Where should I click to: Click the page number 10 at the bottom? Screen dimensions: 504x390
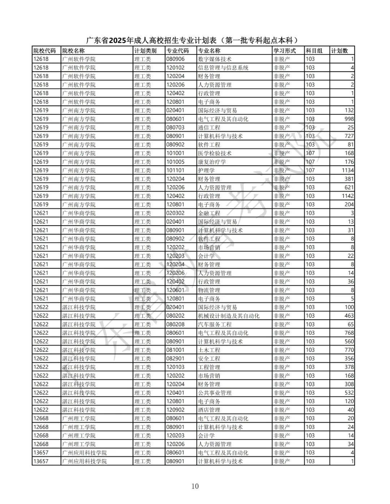pos(195,486)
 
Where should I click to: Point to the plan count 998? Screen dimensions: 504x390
pos(349,119)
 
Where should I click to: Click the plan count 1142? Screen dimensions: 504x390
pos(347,196)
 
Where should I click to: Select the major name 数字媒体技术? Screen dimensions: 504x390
pos(215,59)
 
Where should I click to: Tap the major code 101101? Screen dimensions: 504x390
pos(175,170)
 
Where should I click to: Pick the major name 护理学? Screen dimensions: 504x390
pos(206,170)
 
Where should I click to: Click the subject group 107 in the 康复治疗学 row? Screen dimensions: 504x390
pos(310,162)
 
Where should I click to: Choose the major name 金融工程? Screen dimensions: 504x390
pos(209,213)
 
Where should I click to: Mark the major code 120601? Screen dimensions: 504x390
pos(175,290)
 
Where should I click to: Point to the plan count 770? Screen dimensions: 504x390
pos(349,350)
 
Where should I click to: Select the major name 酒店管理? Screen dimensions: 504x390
pos(209,410)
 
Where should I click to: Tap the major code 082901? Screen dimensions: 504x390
pos(175,359)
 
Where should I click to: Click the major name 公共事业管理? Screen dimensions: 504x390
pos(215,393)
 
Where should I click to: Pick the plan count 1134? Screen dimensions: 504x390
pos(347,170)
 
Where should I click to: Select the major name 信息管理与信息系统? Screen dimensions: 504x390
pos(223,68)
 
